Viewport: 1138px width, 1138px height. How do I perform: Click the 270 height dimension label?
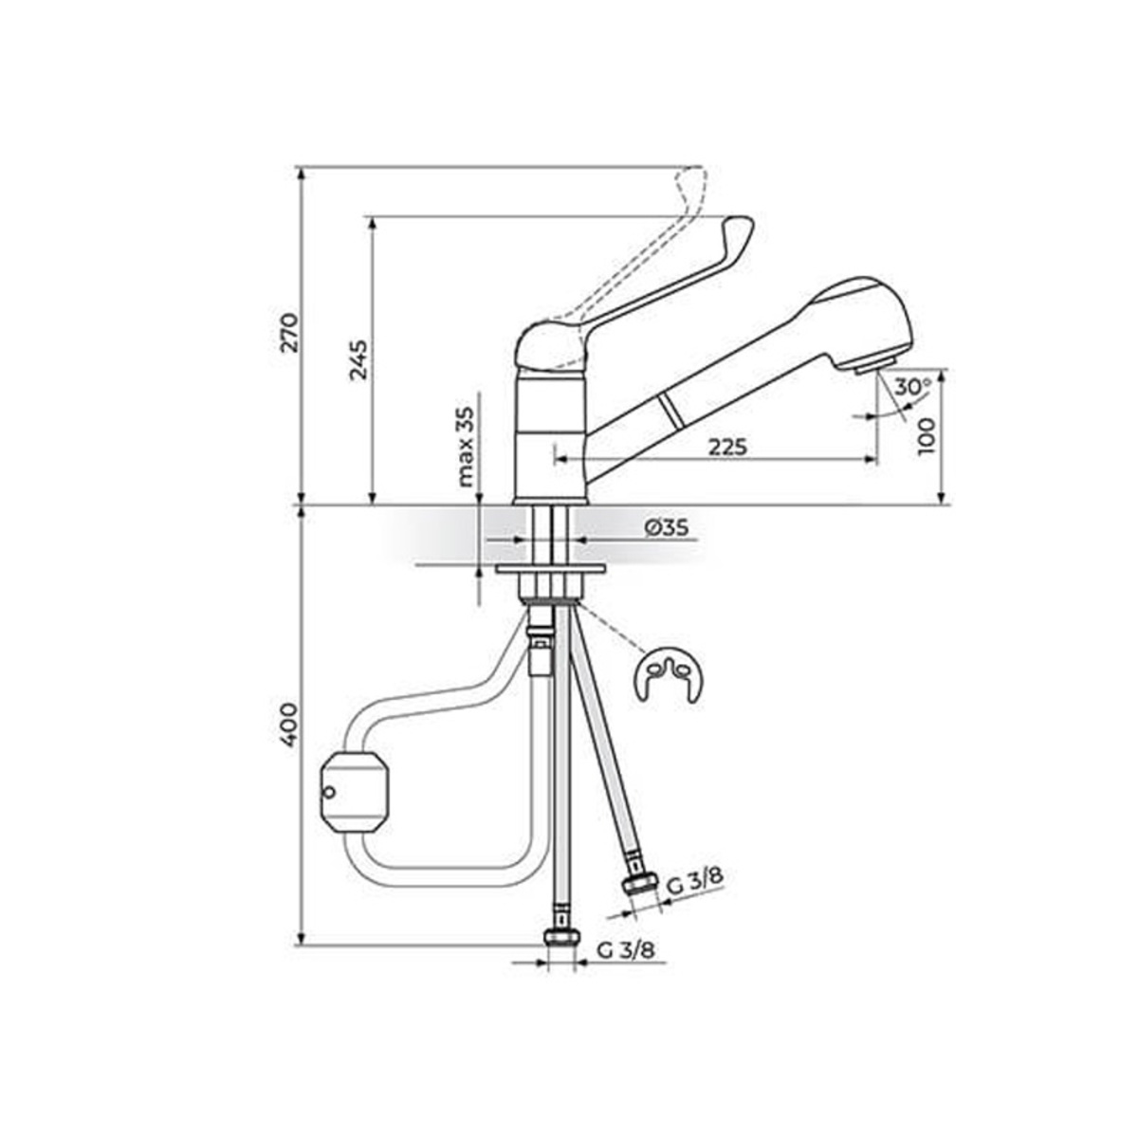(290, 333)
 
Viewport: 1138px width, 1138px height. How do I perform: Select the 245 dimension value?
(358, 359)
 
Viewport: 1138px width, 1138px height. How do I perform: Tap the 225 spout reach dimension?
(727, 447)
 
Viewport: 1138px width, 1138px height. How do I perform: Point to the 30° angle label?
(911, 388)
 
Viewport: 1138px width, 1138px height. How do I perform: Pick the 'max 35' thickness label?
(466, 447)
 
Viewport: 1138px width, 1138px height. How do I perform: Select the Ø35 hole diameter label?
(666, 527)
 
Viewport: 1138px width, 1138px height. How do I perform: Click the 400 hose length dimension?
(289, 725)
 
